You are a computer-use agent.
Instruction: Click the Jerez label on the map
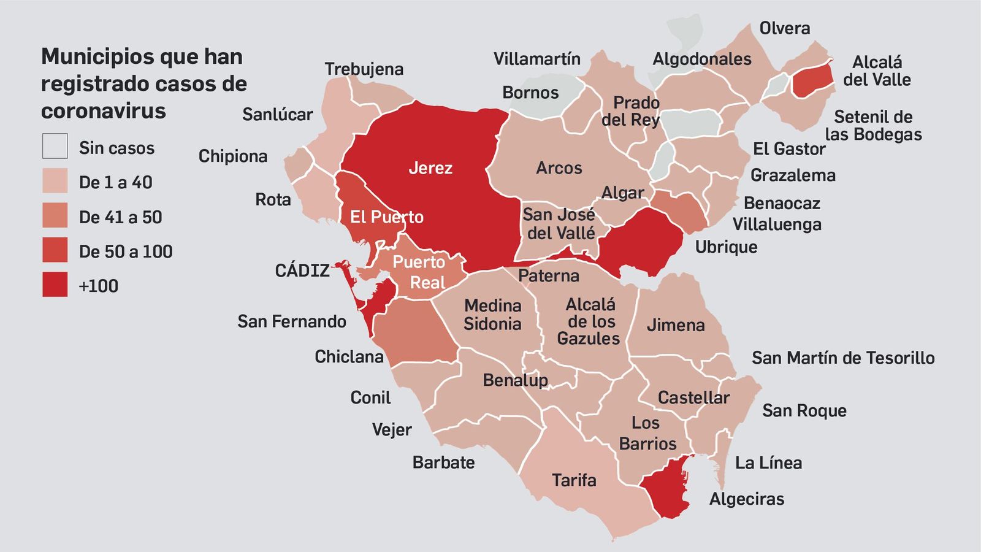click(x=430, y=168)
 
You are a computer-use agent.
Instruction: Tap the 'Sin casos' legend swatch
click(x=55, y=147)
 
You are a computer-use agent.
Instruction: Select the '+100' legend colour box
click(x=55, y=285)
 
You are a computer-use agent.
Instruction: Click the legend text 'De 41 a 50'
click(x=120, y=217)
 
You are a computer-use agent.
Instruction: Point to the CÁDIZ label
click(x=302, y=270)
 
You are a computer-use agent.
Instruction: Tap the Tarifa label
click(x=574, y=480)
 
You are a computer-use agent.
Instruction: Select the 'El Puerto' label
click(x=386, y=217)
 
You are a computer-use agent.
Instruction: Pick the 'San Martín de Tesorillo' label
click(x=843, y=358)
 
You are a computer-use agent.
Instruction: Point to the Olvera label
click(x=784, y=28)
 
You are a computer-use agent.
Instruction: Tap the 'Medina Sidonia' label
click(x=492, y=315)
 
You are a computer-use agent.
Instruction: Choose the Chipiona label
click(x=233, y=156)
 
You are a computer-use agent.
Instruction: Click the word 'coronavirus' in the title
click(x=104, y=111)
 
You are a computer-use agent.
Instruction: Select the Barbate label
click(x=443, y=462)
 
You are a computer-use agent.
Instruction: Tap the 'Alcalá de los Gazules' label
click(x=589, y=321)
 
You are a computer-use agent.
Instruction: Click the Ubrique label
click(x=726, y=247)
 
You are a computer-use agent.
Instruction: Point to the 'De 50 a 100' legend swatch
click(x=55, y=251)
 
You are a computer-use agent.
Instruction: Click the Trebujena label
click(x=364, y=69)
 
